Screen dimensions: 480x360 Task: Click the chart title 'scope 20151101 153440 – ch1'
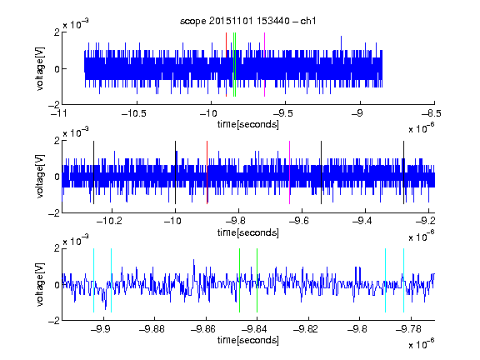[x=247, y=21]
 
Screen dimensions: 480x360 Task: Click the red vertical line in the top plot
[x=226, y=65]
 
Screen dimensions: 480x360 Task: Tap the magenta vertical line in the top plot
[x=264, y=65]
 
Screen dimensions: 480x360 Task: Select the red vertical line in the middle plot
[x=207, y=172]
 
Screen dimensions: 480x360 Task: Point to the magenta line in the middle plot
[x=290, y=172]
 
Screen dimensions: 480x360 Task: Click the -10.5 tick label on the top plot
[x=134, y=113]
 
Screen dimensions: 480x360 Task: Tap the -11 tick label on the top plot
[x=59, y=113]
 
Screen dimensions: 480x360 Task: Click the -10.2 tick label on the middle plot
[x=109, y=221]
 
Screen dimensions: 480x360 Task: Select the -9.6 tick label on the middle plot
[x=299, y=221]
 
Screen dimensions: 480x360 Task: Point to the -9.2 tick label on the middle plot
[x=425, y=221]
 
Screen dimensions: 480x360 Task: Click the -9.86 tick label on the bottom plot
[x=203, y=329]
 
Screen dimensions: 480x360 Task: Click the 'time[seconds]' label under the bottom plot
[x=248, y=340]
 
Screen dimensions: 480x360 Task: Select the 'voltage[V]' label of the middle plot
[x=40, y=177]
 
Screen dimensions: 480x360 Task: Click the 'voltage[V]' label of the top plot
[x=40, y=68]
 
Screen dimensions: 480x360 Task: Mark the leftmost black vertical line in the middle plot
[x=93, y=172]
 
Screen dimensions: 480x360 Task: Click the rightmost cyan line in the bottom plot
[x=403, y=280]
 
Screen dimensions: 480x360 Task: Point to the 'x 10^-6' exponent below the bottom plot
[x=422, y=344]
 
